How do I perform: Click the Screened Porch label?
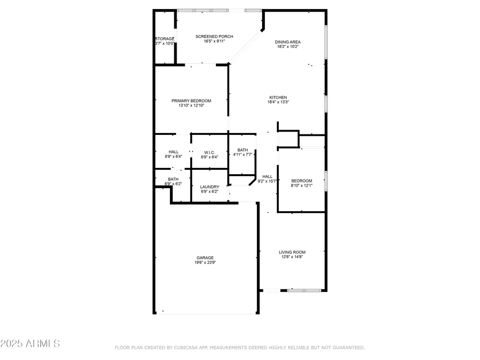pyautogui.click(x=214, y=36)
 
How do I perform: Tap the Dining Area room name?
pyautogui.click(x=288, y=42)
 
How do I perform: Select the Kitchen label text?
pyautogui.click(x=278, y=97)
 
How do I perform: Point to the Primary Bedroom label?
pyautogui.click(x=191, y=101)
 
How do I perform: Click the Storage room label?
pyautogui.click(x=165, y=39)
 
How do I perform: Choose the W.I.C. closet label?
pyautogui.click(x=209, y=153)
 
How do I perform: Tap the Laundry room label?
pyautogui.click(x=209, y=187)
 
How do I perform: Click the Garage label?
pyautogui.click(x=205, y=258)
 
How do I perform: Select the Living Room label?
pyautogui.click(x=292, y=252)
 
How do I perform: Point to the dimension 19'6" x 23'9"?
pyautogui.click(x=205, y=263)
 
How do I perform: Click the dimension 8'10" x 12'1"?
pyautogui.click(x=301, y=185)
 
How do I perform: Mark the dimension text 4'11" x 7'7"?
pyautogui.click(x=242, y=155)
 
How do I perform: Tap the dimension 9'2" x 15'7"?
pyautogui.click(x=267, y=181)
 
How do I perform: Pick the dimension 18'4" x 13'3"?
pyautogui.click(x=278, y=102)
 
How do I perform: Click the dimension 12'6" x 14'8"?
pyautogui.click(x=292, y=257)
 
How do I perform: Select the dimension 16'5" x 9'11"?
pyautogui.click(x=214, y=41)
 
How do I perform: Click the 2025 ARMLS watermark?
pyautogui.click(x=30, y=344)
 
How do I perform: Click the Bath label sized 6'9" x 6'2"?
pyautogui.click(x=173, y=179)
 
